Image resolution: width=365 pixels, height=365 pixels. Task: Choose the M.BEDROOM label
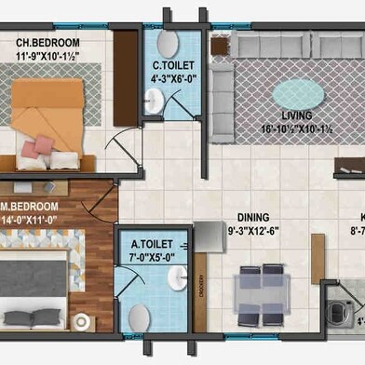pyautogui.click(x=32, y=206)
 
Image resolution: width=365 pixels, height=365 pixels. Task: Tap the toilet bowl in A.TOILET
pyautogui.click(x=140, y=318)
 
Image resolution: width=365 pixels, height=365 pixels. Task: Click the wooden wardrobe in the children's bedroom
pyautogui.click(x=124, y=74)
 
